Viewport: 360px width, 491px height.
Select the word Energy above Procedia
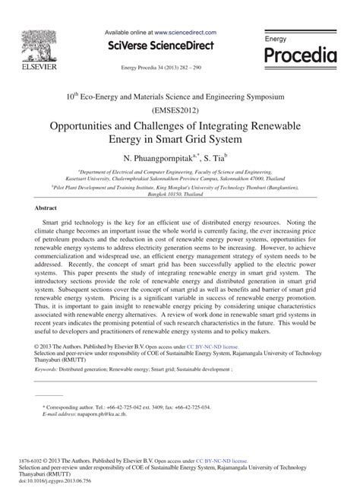tap(276, 37)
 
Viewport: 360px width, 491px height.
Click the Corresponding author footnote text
tap(76, 407)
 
